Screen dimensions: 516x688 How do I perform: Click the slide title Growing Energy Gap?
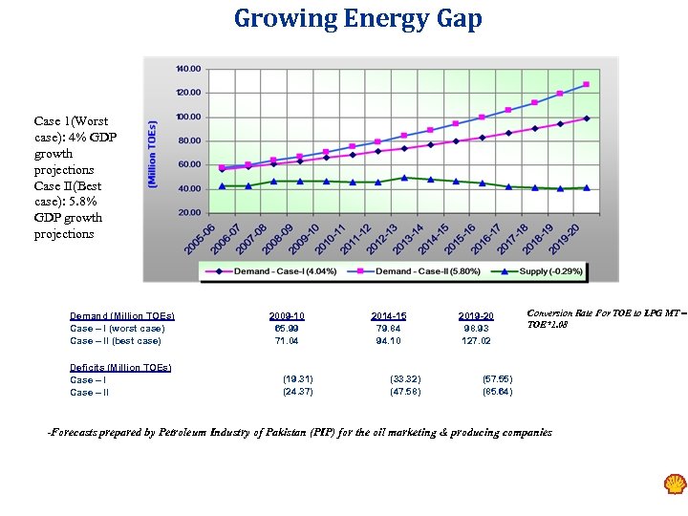[x=358, y=19]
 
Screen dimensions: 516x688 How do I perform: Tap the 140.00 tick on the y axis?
[x=188, y=69]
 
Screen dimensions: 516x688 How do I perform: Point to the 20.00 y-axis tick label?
[x=188, y=212]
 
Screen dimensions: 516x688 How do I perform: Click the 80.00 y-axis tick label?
[x=188, y=140]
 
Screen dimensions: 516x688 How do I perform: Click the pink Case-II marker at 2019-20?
[x=586, y=84]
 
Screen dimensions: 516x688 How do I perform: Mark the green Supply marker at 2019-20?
[x=586, y=187]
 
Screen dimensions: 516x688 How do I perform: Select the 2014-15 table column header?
[x=388, y=315]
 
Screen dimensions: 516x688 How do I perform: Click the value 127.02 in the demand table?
[x=475, y=340]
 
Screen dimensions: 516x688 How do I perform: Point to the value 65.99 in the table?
[x=287, y=328]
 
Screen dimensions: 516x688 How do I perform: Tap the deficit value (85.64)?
[x=497, y=392]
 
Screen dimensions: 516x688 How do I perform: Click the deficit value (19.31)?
[x=298, y=379]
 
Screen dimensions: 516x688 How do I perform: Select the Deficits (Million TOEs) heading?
[x=120, y=367]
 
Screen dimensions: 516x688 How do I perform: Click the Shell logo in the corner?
[x=675, y=484]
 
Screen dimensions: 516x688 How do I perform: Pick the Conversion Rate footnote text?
[x=606, y=318]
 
